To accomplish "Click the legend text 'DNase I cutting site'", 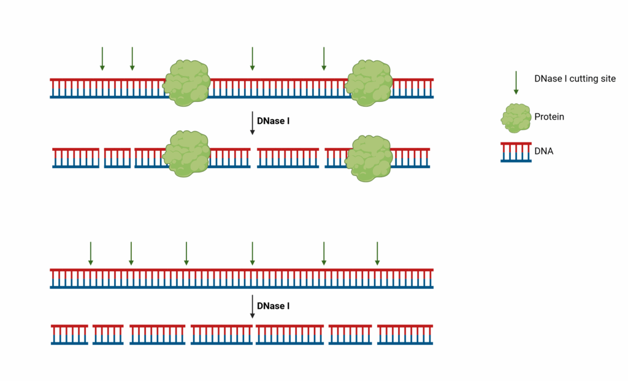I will pos(575,79).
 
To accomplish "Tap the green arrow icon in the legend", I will pos(516,83).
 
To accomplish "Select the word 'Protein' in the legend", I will pos(549,117).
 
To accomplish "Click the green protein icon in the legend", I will pos(516,118).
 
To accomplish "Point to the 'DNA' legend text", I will pos(544,151).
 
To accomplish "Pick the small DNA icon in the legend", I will pos(516,152).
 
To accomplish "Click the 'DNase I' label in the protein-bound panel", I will pos(273,121).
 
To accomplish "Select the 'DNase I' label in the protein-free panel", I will pos(273,306).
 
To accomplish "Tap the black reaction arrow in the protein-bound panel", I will pos(252,123).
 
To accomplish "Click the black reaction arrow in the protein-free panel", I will pos(252,307).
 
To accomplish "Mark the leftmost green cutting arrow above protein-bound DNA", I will pos(102,58).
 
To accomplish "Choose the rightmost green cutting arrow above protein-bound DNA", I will pos(324,58).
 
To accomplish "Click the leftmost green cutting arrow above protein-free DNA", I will pos(91,253).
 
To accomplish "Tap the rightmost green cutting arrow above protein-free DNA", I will pos(377,253).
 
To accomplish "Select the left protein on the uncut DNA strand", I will pos(186,83).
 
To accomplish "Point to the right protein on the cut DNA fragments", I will pos(369,158).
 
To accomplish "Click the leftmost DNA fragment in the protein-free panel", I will pos(69,334).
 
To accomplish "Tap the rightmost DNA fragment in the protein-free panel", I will pos(405,334).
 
